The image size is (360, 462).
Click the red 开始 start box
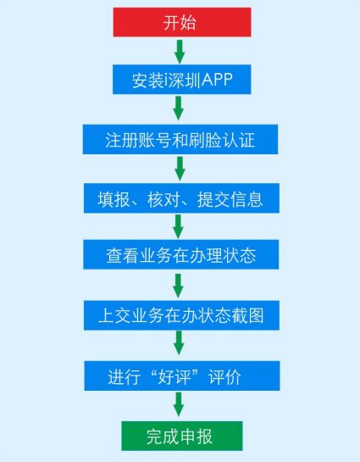click(182, 22)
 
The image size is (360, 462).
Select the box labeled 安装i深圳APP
click(182, 80)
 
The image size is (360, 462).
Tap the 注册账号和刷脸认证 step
click(180, 139)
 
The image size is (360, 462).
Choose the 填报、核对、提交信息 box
click(181, 198)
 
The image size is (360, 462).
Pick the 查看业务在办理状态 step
click(181, 254)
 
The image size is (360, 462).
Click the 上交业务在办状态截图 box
click(181, 315)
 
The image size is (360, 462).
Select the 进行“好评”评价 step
click(182, 376)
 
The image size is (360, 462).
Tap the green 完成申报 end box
click(182, 436)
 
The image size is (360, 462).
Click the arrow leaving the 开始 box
click(180, 51)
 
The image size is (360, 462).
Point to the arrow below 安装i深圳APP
click(179, 109)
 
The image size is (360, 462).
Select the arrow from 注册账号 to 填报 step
click(180, 169)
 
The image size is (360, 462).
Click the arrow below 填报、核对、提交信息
click(178, 226)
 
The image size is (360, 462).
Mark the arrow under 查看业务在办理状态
click(178, 286)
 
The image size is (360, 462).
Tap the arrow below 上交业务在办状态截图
click(179, 342)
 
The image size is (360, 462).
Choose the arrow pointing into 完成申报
click(179, 404)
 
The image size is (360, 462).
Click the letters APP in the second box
click(217, 80)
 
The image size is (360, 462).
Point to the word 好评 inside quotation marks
click(174, 376)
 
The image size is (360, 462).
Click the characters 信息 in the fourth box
click(246, 199)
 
